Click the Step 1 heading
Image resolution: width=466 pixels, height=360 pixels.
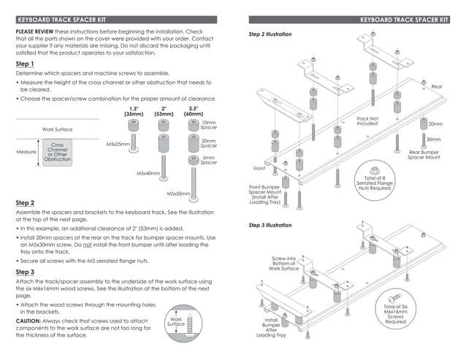click(26, 64)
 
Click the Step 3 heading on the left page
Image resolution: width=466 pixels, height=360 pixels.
click(26, 271)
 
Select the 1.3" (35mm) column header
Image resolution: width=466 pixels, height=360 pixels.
click(134, 111)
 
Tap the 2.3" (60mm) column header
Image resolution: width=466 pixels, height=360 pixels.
click(193, 111)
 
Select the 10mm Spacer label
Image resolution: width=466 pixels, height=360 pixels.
click(209, 126)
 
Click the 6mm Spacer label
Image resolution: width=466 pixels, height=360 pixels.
click(209, 160)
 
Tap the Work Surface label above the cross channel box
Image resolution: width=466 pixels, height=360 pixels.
click(57, 129)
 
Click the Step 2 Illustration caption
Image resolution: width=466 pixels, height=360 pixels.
click(270, 34)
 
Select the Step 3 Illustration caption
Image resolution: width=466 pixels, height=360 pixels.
click(270, 226)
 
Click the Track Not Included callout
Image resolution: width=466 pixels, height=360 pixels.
click(367, 120)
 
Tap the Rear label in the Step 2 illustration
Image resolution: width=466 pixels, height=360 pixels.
click(437, 86)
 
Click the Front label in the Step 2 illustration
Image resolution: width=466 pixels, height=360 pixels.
click(259, 169)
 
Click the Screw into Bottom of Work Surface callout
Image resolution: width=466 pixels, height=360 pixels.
click(284, 264)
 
